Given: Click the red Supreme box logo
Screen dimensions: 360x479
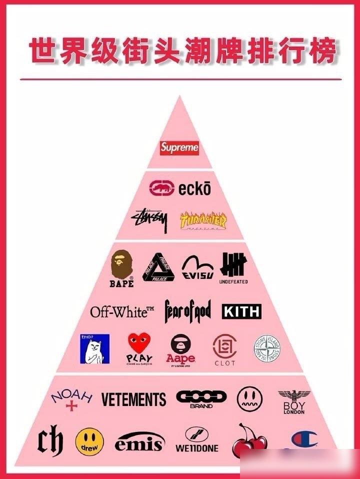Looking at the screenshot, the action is (x=179, y=148).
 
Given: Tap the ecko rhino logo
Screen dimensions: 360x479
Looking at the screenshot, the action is (x=161, y=188).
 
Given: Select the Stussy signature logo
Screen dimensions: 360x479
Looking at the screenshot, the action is (x=149, y=220).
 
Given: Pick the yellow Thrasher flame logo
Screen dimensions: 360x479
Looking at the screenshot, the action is (x=203, y=221).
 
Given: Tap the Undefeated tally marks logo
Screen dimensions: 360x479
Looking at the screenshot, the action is (x=233, y=264).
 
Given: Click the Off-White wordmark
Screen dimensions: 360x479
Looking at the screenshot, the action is (x=122, y=312).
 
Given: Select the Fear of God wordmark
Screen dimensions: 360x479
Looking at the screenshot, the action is (x=187, y=311).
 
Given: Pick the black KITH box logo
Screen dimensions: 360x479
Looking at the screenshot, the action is (x=241, y=311).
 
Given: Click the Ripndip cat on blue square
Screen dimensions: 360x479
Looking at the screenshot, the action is (x=95, y=349).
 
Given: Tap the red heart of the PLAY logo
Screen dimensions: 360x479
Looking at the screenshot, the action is (x=139, y=343).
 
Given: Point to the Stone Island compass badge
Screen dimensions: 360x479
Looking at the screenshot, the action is (x=266, y=349).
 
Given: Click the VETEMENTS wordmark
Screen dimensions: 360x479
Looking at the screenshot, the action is (x=133, y=399).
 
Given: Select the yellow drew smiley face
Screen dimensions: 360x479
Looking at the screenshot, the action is (x=89, y=441).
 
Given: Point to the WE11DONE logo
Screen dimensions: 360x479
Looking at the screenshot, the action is (x=197, y=440).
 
